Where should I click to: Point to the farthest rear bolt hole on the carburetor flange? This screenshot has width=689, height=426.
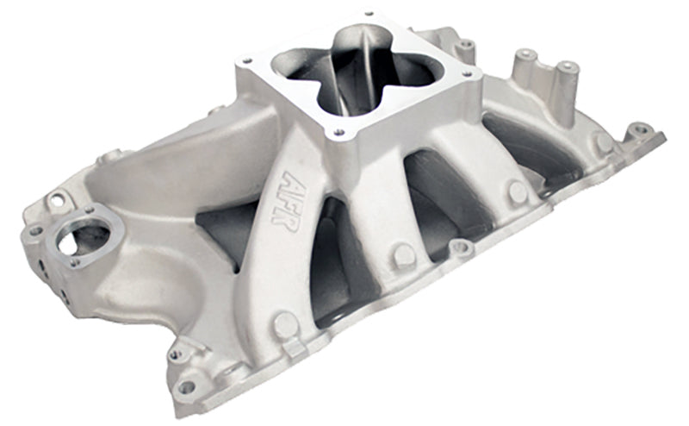click(368, 15)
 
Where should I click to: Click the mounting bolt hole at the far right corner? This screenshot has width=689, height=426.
click(640, 130)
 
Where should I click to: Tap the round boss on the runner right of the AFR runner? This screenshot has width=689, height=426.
click(403, 254)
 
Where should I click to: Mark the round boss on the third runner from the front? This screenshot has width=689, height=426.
click(516, 191)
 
